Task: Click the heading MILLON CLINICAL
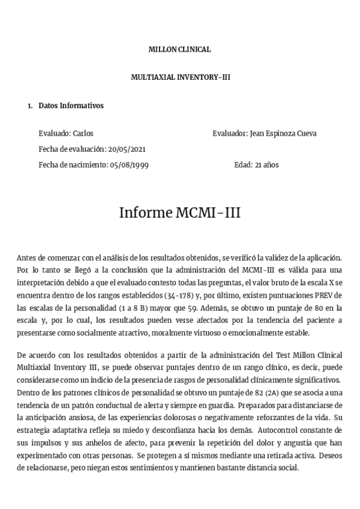click(179, 50)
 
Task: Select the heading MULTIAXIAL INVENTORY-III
click(179, 77)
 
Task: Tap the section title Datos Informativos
click(71, 106)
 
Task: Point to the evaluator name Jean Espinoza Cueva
click(282, 133)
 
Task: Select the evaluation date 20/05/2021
click(125, 149)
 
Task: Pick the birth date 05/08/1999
click(128, 164)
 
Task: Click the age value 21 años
click(266, 164)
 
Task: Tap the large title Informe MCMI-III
click(179, 212)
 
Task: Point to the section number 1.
click(30, 106)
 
